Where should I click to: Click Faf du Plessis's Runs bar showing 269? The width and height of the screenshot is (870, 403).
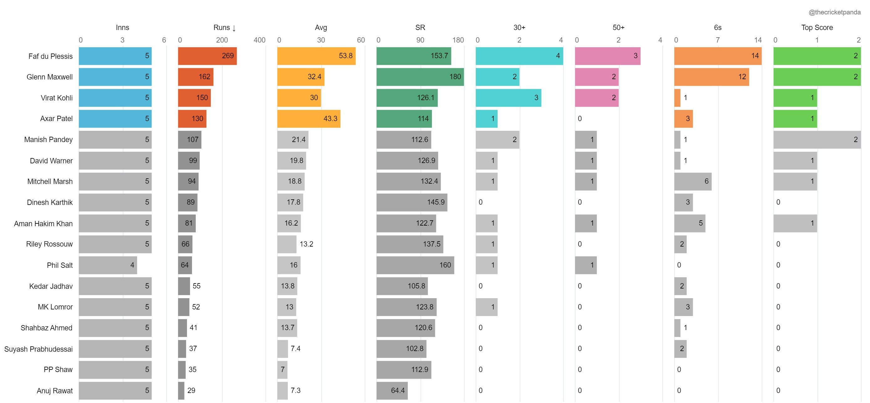tap(207, 56)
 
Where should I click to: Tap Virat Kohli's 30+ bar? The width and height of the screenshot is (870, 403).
tap(508, 98)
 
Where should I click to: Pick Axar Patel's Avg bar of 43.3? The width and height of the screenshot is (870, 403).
tap(308, 119)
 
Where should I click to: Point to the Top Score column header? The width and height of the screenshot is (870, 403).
tap(817, 27)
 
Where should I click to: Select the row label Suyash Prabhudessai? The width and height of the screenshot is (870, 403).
tap(39, 349)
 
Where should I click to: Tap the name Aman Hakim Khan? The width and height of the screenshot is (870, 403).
tap(43, 223)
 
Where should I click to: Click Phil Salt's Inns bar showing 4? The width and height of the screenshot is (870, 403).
tap(108, 265)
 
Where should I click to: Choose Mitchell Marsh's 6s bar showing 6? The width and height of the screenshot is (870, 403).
tap(692, 181)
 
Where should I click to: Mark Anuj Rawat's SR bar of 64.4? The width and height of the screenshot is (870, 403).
tap(392, 390)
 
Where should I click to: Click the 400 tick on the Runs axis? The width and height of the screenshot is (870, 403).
tap(259, 40)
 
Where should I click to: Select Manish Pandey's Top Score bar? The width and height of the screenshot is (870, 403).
tap(817, 140)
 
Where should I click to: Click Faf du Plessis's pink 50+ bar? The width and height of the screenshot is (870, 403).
tap(607, 56)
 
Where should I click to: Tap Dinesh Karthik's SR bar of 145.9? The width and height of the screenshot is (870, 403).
tap(412, 202)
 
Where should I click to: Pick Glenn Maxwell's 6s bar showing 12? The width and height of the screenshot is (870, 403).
tap(711, 77)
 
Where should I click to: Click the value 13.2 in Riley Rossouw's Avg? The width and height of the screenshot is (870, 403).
tap(306, 244)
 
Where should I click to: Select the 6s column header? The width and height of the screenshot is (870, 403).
tap(717, 27)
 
